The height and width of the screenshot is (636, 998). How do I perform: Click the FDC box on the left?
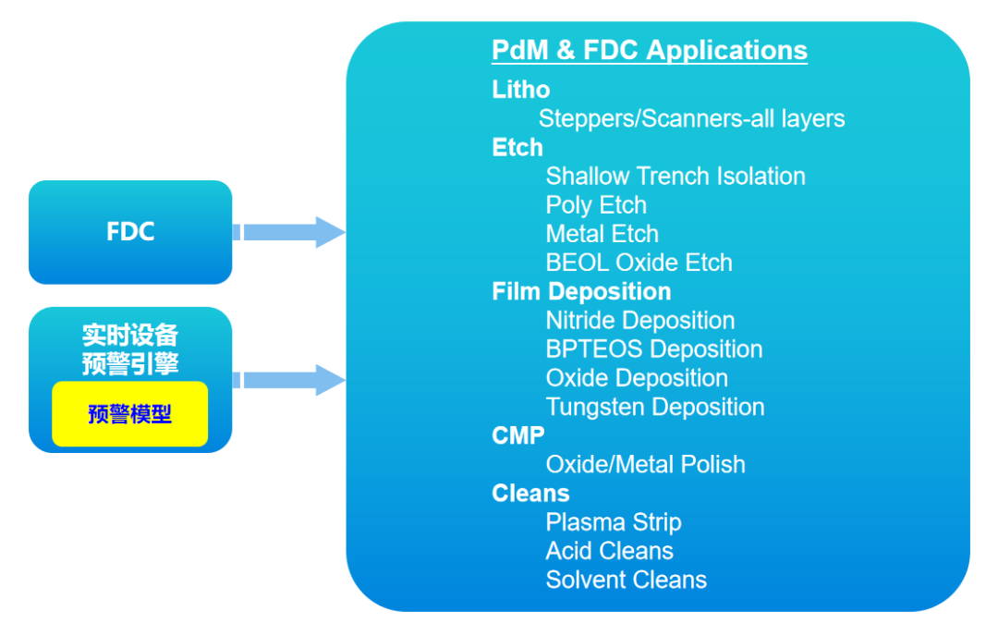(x=130, y=232)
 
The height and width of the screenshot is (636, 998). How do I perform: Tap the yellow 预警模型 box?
(x=129, y=414)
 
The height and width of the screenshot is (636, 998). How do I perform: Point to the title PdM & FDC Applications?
(x=650, y=50)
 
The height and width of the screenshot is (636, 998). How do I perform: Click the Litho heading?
(x=521, y=90)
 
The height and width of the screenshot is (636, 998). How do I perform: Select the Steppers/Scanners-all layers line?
(x=691, y=118)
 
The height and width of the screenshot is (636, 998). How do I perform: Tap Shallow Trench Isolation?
(x=675, y=176)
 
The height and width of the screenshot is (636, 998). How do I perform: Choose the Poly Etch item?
(x=596, y=204)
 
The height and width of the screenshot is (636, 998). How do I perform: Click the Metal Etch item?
(x=602, y=234)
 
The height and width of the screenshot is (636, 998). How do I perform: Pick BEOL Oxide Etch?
(x=639, y=263)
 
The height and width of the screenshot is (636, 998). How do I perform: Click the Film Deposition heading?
(x=581, y=291)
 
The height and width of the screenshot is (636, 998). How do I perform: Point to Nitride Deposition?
(x=640, y=321)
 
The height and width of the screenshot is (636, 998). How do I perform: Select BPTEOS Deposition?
(x=654, y=349)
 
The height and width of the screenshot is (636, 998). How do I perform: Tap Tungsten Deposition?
(x=655, y=407)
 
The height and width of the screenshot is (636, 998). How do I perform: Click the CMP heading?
(x=518, y=435)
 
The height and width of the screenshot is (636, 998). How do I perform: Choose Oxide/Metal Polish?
(x=645, y=464)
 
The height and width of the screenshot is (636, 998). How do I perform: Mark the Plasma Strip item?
(x=614, y=522)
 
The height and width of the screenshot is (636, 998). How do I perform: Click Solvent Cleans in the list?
(x=627, y=580)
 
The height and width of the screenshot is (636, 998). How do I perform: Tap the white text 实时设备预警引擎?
(x=129, y=349)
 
